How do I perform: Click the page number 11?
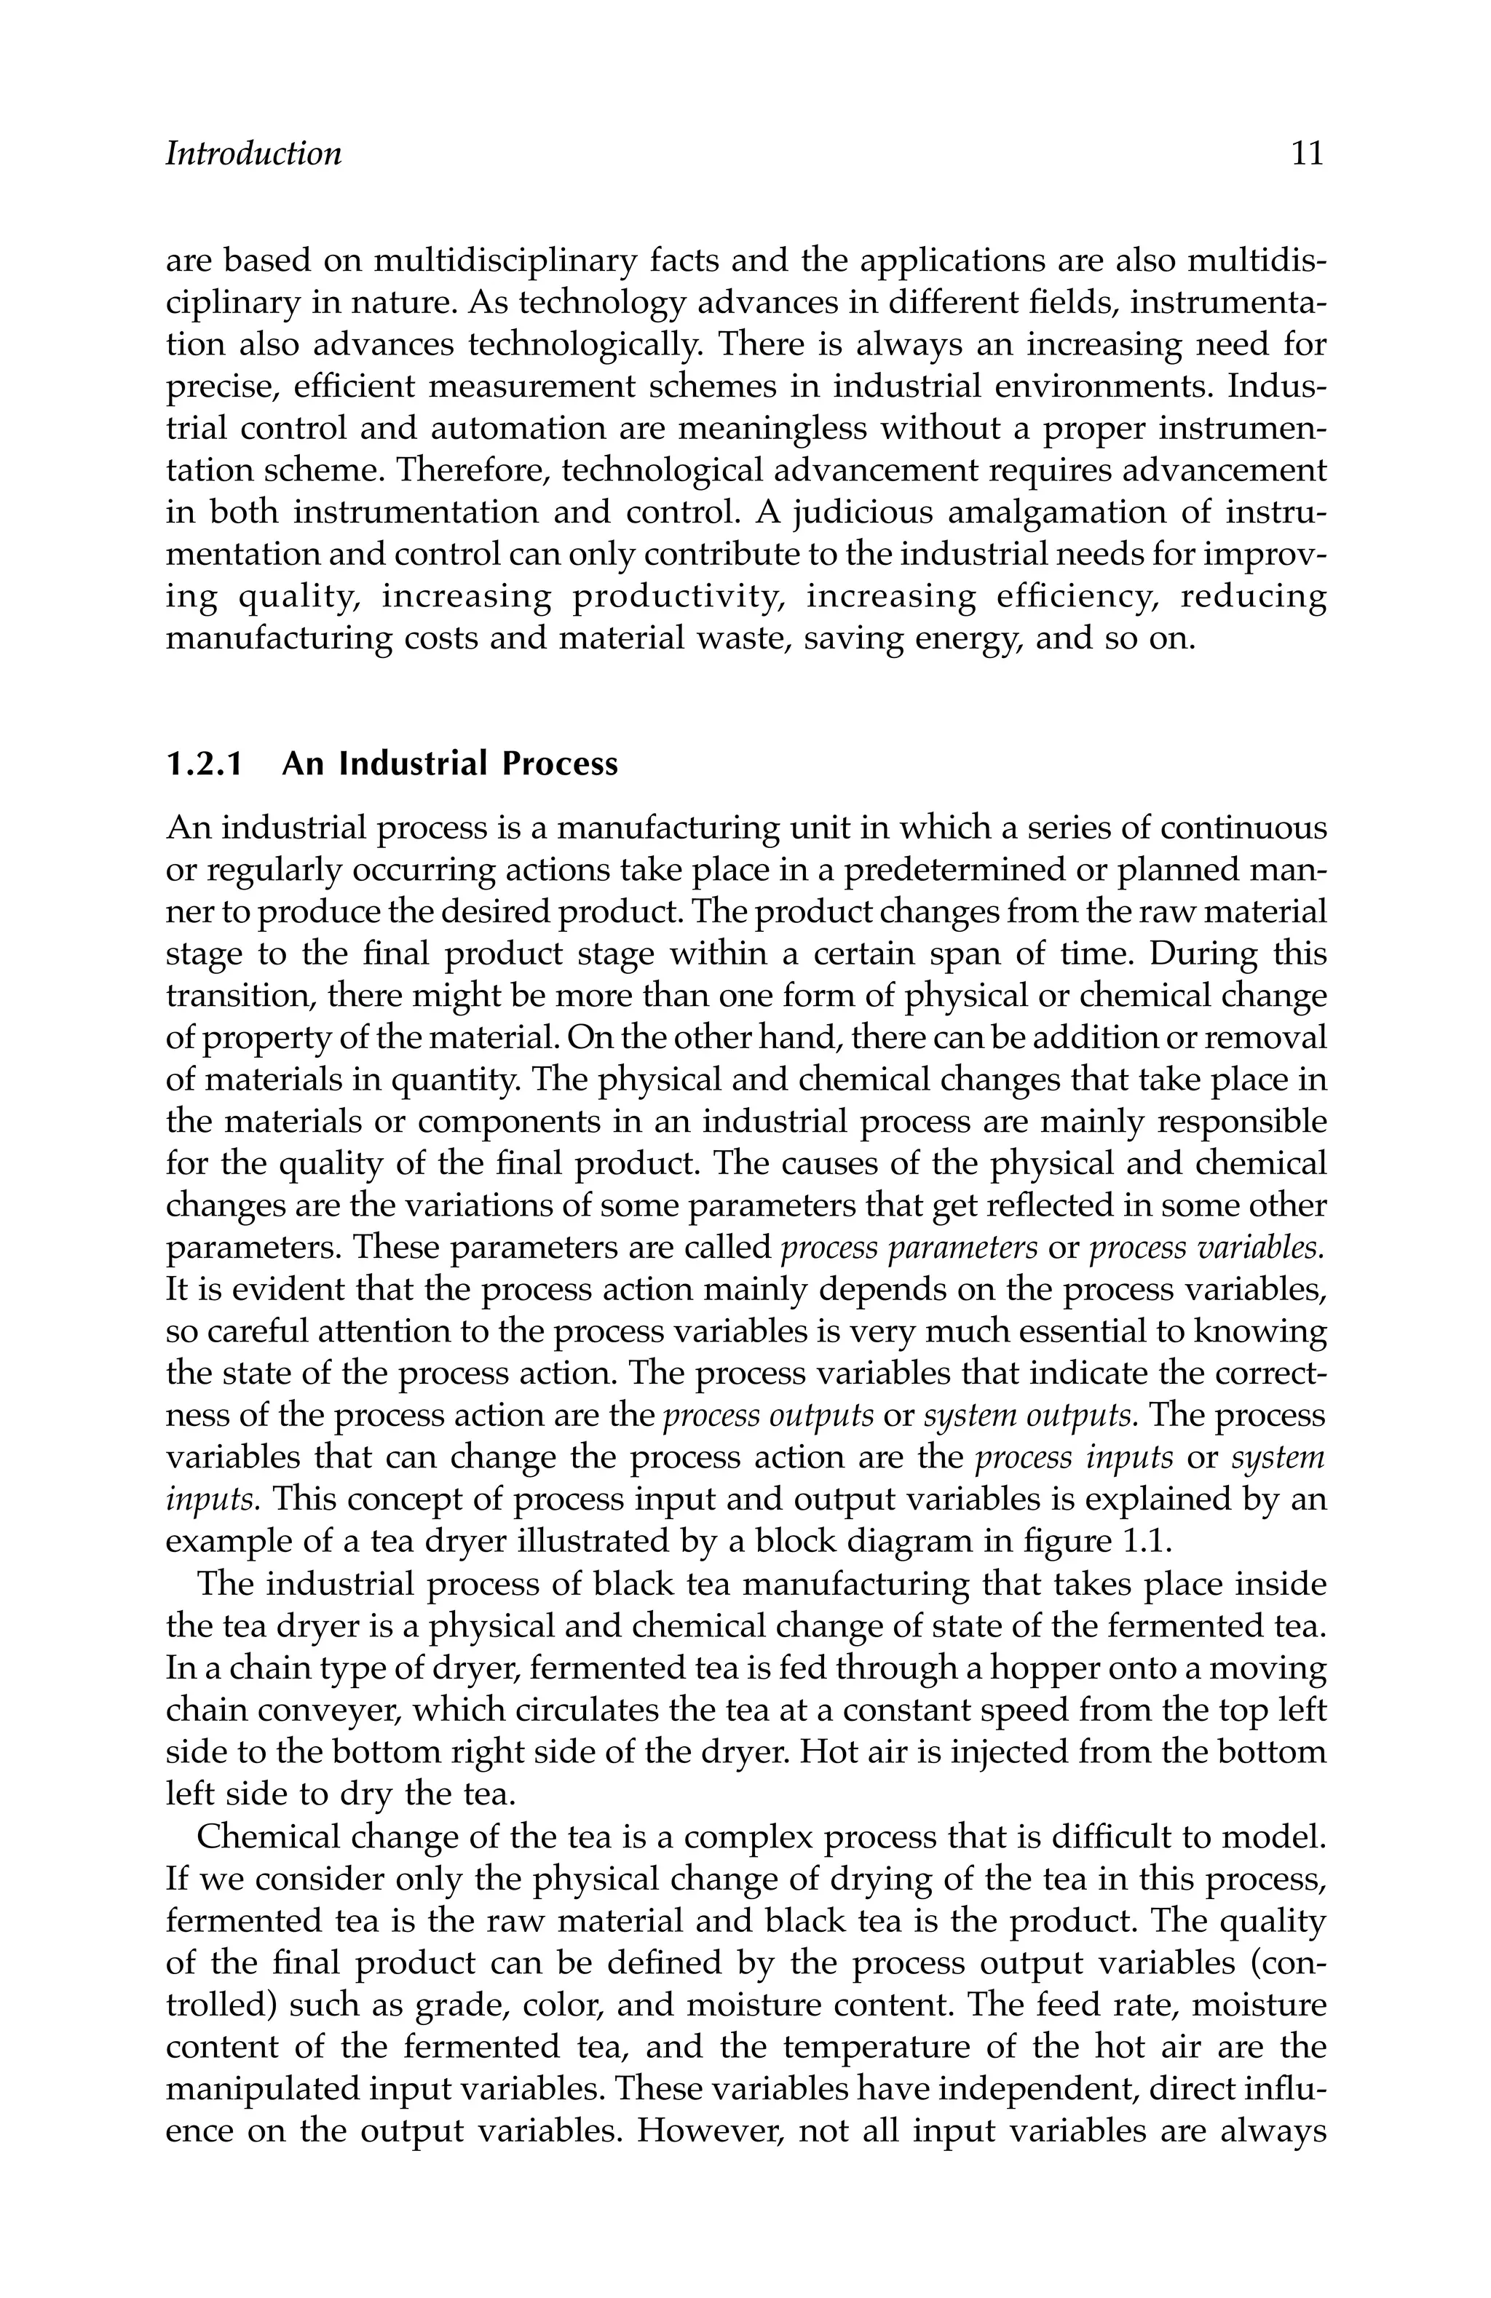(x=1307, y=154)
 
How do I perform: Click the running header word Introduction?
(x=253, y=154)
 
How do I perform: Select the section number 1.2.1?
(x=203, y=764)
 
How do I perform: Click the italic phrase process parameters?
(x=908, y=1248)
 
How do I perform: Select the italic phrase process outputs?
(x=769, y=1416)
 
